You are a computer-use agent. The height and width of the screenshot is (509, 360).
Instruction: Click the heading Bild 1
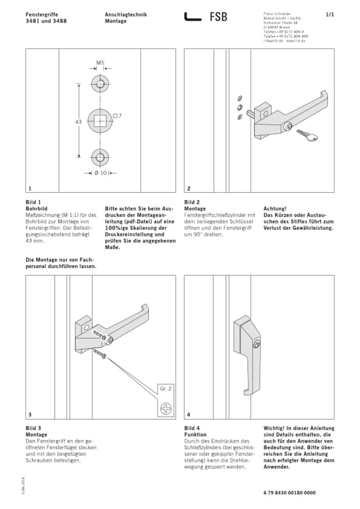34,202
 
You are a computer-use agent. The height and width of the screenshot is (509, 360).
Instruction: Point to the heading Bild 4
192,428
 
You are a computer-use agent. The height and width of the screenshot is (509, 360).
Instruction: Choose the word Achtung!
274,207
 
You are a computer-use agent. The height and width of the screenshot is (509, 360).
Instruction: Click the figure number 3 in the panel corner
30,414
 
